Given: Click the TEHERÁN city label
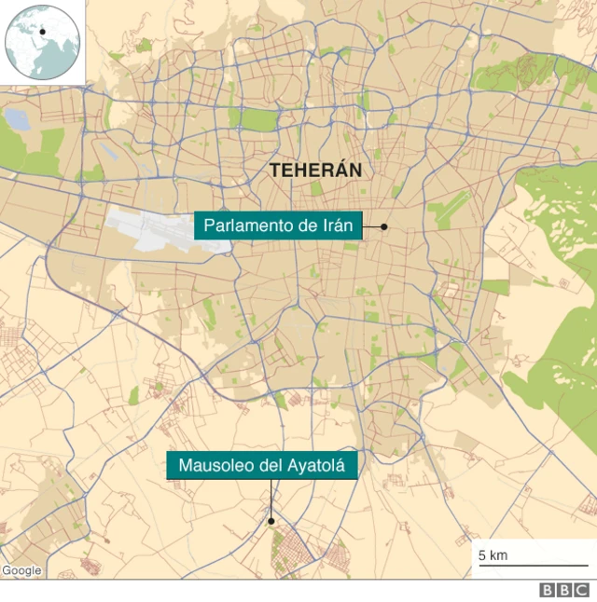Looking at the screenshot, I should coord(314,171).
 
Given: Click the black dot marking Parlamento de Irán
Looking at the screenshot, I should coord(383,226).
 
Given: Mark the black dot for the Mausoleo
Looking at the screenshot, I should coord(271,521).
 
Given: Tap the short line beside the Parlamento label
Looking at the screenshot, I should coord(371,226).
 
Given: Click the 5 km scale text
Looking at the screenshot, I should coord(493,555).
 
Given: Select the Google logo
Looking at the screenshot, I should coord(21,570).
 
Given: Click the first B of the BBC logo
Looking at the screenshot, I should coord(548,591).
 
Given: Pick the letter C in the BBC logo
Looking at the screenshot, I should coord(581,591).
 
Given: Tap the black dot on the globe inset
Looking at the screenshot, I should coord(42,32).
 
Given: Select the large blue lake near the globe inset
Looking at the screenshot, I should coord(17,118).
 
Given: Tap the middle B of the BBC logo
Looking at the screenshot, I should coord(564,591).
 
